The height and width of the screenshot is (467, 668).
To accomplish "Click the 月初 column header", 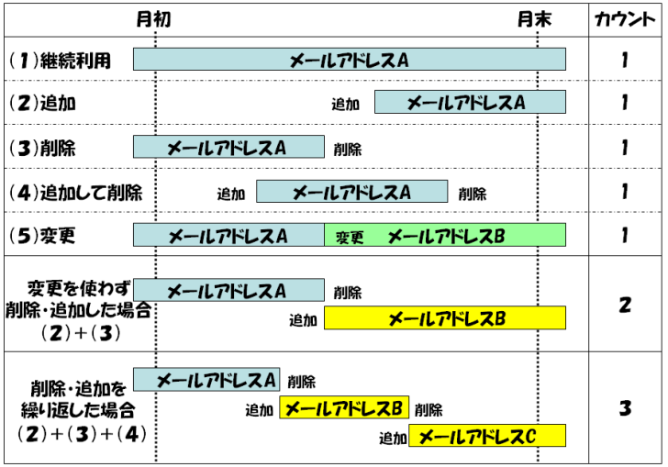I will coord(153,19).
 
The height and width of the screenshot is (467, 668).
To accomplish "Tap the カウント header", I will coord(624,19).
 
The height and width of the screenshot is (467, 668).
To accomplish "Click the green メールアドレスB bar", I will coord(445,237).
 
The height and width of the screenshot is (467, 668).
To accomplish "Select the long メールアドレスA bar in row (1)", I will coord(349,60).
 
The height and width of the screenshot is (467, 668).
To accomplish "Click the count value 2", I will coord(624,305).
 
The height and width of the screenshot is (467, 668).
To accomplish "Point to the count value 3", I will coord(624,407).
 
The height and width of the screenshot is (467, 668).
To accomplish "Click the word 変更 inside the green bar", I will coord(350,238).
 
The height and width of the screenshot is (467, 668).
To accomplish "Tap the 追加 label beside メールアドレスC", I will coord(393,439).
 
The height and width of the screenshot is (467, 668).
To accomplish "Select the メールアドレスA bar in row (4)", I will coord(351,192).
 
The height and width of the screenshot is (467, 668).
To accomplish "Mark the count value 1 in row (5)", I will coord(624,236).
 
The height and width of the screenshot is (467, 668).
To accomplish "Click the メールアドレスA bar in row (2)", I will coord(470,102).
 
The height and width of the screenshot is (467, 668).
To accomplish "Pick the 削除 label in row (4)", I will coord(473,194).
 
